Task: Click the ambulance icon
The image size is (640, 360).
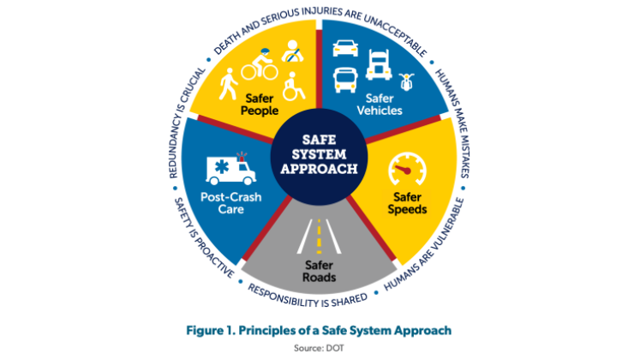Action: click(x=231, y=169)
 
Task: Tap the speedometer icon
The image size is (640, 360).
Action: click(x=407, y=169)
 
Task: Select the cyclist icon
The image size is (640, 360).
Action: click(x=260, y=64)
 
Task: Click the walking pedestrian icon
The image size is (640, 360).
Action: click(x=228, y=84)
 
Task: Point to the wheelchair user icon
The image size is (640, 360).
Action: click(x=294, y=86)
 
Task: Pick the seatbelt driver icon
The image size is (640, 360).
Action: click(x=293, y=51)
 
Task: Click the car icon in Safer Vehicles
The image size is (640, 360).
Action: click(x=345, y=48)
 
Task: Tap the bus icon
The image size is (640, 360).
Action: click(x=345, y=80)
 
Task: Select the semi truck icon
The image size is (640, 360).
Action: click(x=379, y=64)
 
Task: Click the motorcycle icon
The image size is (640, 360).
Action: click(x=406, y=81)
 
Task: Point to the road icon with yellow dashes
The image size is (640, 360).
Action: click(x=320, y=237)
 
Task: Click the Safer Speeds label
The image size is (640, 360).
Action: click(x=407, y=203)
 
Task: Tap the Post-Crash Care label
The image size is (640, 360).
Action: click(x=231, y=203)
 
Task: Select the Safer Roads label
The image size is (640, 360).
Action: click(x=320, y=271)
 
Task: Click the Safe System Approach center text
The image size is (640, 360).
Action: click(x=320, y=154)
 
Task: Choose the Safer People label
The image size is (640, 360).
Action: click(x=260, y=105)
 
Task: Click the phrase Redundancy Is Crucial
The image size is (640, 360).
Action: click(x=186, y=123)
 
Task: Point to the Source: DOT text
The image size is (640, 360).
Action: click(x=320, y=348)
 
